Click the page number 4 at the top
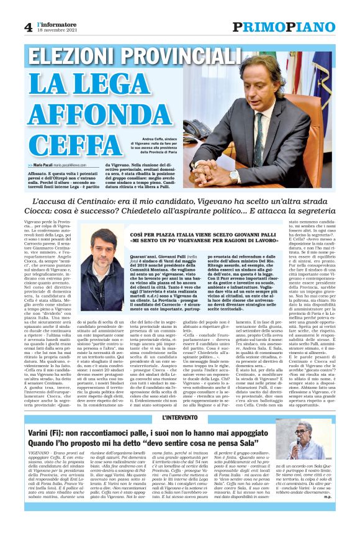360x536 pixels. (28, 26)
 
